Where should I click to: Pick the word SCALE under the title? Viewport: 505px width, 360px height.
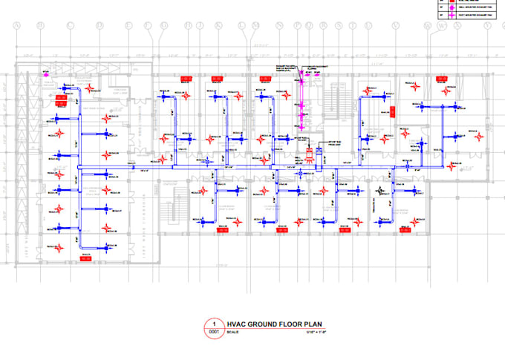(x=230, y=333)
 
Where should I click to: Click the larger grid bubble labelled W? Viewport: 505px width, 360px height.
(x=442, y=27)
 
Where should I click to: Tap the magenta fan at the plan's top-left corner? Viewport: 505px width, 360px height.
(x=45, y=73)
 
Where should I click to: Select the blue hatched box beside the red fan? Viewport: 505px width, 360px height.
(x=319, y=155)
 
